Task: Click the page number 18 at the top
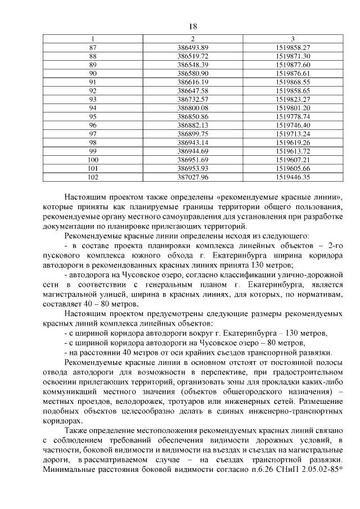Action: pos(192,26)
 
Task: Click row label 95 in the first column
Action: pos(93,116)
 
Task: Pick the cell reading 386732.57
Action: pos(193,99)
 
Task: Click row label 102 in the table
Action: pos(93,177)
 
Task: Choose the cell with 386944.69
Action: pos(193,151)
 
